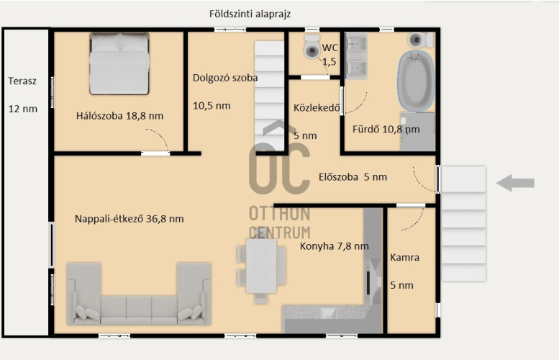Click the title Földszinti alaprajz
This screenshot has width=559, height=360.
250,14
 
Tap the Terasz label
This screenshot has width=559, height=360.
22,81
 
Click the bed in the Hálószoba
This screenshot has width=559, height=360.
119,63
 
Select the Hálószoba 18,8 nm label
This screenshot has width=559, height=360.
119,116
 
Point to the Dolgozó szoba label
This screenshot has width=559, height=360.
225,78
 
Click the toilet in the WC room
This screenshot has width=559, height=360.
312,46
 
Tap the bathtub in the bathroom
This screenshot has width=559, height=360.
416,81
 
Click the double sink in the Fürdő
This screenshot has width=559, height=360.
356,56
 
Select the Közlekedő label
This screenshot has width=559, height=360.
317,107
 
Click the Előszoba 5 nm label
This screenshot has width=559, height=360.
353,177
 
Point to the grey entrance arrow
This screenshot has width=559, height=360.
516,183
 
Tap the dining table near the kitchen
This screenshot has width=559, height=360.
261,268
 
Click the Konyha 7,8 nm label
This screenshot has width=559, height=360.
334,246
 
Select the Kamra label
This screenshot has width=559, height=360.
404,257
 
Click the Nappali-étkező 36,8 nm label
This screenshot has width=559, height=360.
129,219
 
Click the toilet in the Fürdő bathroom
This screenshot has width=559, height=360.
421,40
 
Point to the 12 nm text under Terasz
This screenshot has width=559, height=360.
23,109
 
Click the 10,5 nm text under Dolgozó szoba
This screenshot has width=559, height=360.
212,106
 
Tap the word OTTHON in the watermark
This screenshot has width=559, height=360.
279,214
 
